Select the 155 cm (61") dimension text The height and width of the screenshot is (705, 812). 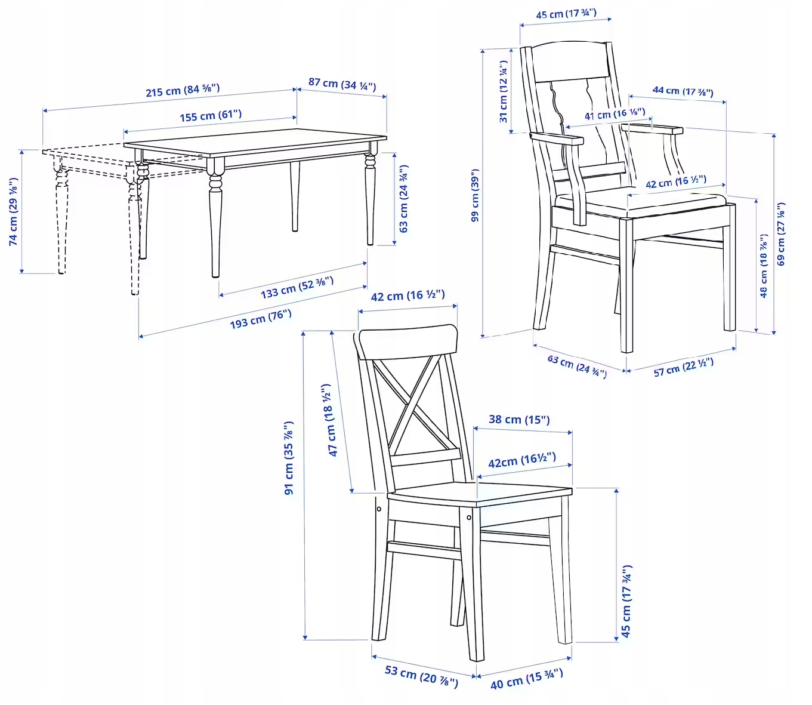pos(211,115)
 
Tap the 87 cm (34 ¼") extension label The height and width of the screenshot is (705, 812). pos(342,84)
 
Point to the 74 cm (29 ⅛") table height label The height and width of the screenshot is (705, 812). pos(13,211)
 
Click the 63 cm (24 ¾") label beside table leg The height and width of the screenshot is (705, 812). pos(404,199)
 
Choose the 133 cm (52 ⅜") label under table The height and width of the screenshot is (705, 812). pos(297,287)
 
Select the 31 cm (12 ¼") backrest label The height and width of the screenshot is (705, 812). pos(504,92)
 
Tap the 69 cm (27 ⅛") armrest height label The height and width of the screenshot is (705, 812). pos(782,234)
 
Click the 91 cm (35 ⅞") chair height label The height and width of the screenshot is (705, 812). pos(289,458)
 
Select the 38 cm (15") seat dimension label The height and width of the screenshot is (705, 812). pos(519,420)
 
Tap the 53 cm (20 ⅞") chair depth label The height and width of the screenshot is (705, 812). pos(421,675)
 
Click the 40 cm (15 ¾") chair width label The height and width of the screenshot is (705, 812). pos(526,679)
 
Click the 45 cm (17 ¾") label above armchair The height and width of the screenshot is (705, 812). pos(566,14)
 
